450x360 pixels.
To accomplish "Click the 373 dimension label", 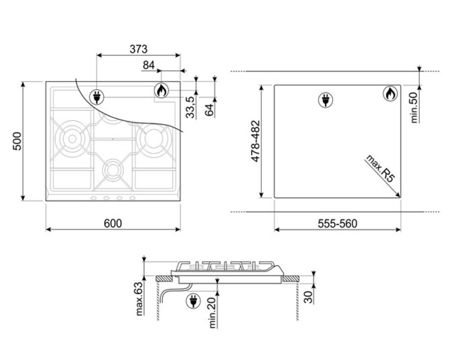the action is tap(138, 49).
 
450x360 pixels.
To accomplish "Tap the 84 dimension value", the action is tap(149, 65).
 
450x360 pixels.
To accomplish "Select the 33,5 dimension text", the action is tap(190, 107).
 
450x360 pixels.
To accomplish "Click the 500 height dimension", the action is tap(17, 141).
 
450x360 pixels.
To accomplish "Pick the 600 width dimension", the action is tap(113, 223).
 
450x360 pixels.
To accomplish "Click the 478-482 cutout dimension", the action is tap(255, 141).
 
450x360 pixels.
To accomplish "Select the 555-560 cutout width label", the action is tap(337, 224).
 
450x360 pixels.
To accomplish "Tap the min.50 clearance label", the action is tap(414, 108).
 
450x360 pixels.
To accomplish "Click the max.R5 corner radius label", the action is tap(380, 169).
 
